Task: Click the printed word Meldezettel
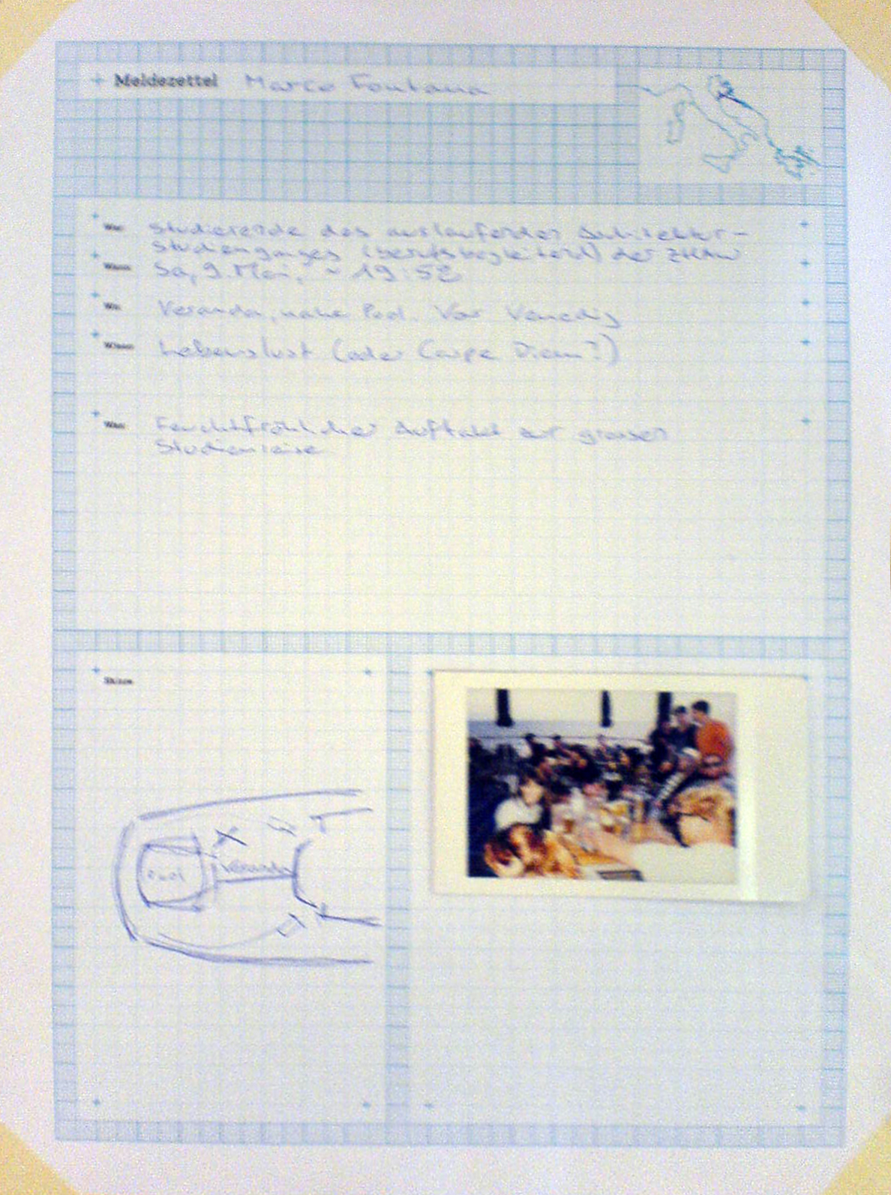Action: pyautogui.click(x=166, y=80)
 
